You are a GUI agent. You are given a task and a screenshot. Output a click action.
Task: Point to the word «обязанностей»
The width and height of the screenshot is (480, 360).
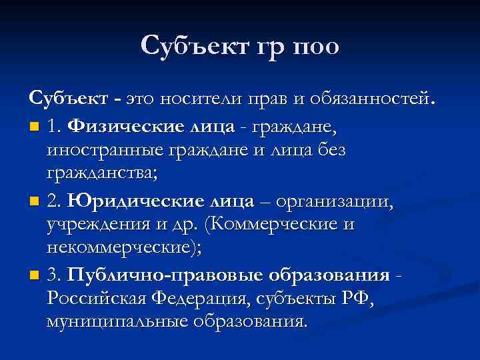(x=373, y=100)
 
